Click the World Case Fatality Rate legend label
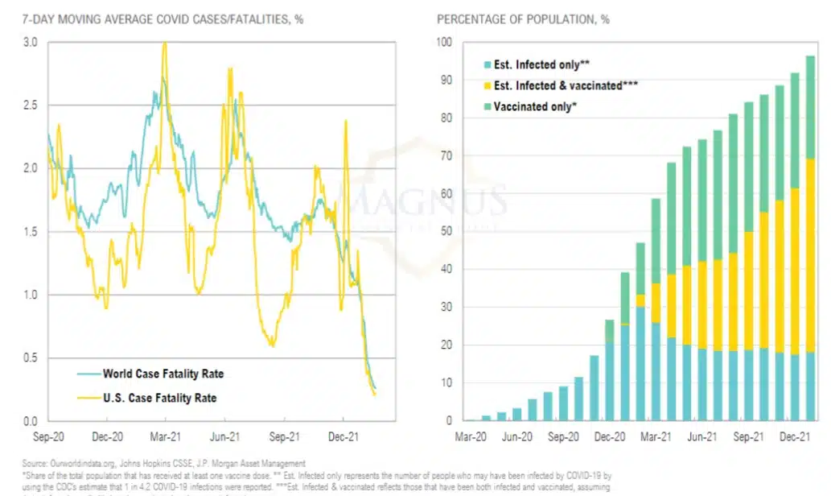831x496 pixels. pos(162,374)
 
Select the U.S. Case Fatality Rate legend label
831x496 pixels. pos(159,398)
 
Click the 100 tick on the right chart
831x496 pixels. pos(443,42)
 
